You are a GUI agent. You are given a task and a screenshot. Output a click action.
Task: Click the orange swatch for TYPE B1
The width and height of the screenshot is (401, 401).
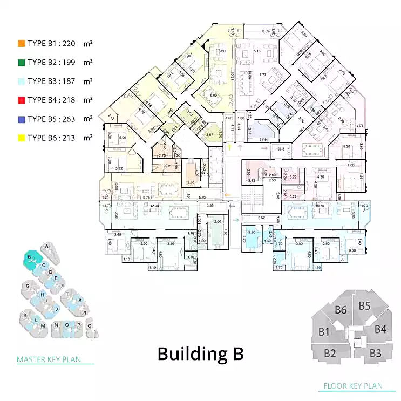(21, 44)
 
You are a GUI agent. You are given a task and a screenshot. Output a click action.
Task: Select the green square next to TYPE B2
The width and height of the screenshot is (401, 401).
(21, 63)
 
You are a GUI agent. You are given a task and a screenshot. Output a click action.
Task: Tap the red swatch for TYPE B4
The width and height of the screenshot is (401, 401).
(21, 100)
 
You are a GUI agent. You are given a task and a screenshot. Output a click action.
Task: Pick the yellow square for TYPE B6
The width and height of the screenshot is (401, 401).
(21, 138)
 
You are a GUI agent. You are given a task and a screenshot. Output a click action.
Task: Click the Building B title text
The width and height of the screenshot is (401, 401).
(200, 354)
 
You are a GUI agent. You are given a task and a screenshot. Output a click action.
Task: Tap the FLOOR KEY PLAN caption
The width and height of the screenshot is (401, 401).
(352, 386)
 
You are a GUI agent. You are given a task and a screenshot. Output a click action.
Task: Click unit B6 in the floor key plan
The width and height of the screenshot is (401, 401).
(341, 310)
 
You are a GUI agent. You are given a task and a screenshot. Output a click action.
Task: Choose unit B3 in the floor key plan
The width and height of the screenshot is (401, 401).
(376, 354)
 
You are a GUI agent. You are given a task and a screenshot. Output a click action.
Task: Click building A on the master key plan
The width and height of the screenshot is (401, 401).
(48, 247)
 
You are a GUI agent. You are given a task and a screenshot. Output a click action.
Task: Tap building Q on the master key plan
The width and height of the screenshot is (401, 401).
(90, 325)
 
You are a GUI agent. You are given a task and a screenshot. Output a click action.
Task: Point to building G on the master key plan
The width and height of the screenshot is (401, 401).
(26, 286)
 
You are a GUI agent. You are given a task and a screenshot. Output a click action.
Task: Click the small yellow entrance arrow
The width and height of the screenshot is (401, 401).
(229, 146)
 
